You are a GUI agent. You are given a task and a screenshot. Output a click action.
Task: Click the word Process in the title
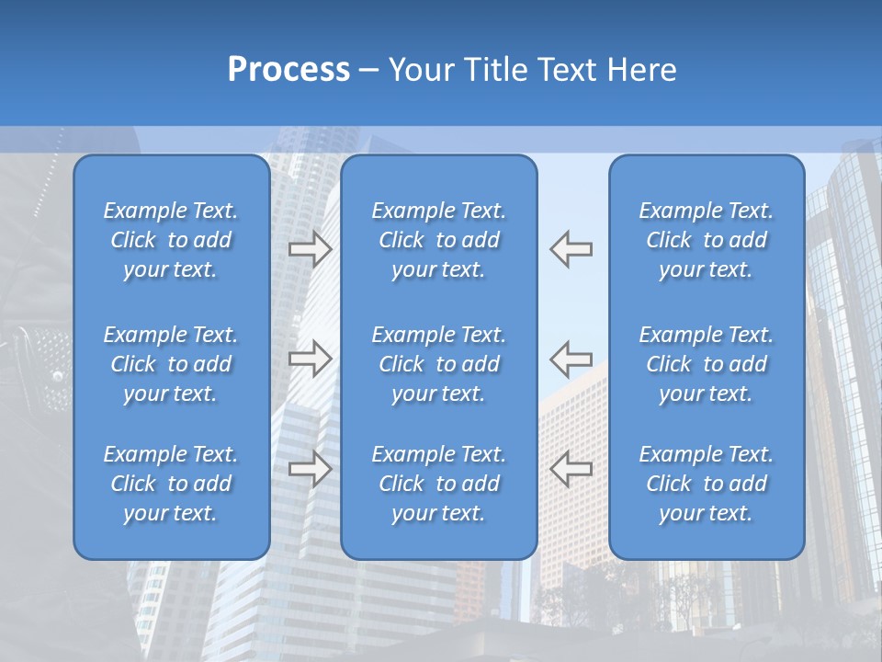click(288, 70)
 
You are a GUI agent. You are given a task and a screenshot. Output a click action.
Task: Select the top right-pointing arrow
click(310, 248)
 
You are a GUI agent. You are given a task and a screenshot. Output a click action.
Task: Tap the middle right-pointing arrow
click(310, 358)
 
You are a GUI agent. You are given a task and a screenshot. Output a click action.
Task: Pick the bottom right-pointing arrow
click(310, 468)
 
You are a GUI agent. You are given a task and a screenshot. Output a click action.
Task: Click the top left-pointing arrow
click(571, 248)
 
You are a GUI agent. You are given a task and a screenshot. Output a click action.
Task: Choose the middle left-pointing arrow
click(571, 358)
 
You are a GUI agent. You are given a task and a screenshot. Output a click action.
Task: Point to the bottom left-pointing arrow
click(571, 468)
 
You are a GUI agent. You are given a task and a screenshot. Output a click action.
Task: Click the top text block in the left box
click(171, 240)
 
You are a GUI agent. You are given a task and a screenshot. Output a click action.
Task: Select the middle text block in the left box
click(171, 364)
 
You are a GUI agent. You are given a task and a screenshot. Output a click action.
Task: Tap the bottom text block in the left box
click(171, 484)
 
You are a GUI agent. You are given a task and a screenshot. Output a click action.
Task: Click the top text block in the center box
click(439, 240)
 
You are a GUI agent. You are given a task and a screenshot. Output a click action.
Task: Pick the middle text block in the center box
click(439, 364)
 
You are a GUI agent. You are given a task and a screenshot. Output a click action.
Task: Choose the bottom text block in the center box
click(439, 484)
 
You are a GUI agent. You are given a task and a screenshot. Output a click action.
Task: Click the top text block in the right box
click(707, 240)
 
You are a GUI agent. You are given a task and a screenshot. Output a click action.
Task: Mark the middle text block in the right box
click(707, 364)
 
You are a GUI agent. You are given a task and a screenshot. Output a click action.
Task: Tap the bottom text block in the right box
click(707, 484)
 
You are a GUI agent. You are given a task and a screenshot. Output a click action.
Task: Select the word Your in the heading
click(423, 70)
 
